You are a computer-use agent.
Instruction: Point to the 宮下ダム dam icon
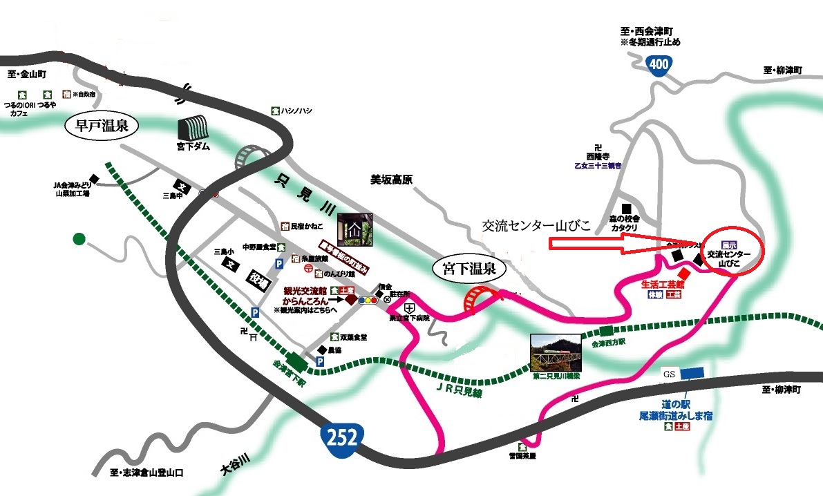coord(193,128)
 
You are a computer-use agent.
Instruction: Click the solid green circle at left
coord(79,239)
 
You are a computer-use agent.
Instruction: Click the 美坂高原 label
coord(390,179)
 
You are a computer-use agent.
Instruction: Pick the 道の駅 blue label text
coord(676,403)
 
